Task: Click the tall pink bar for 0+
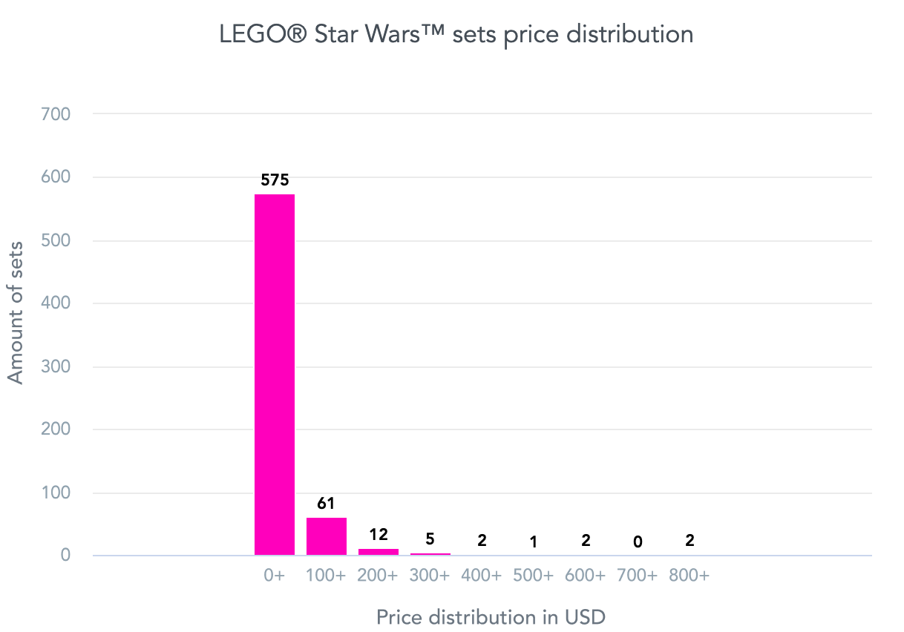click(275, 375)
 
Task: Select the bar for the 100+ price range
click(327, 536)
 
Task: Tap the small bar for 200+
click(379, 552)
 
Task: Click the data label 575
click(275, 180)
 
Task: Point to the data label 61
click(327, 504)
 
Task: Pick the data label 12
click(379, 534)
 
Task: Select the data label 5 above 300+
click(430, 539)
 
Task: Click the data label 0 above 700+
click(638, 542)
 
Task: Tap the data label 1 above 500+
click(534, 542)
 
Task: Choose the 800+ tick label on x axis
click(690, 576)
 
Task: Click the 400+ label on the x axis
click(482, 576)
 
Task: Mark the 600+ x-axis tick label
click(586, 576)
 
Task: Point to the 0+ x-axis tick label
click(275, 576)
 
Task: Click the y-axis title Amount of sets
click(16, 312)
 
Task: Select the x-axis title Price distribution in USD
click(491, 617)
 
